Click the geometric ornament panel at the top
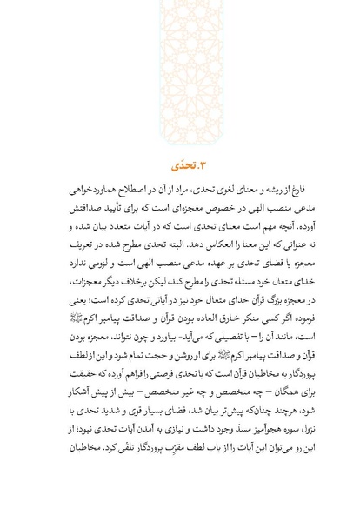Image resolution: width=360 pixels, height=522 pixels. coord(180,70)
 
